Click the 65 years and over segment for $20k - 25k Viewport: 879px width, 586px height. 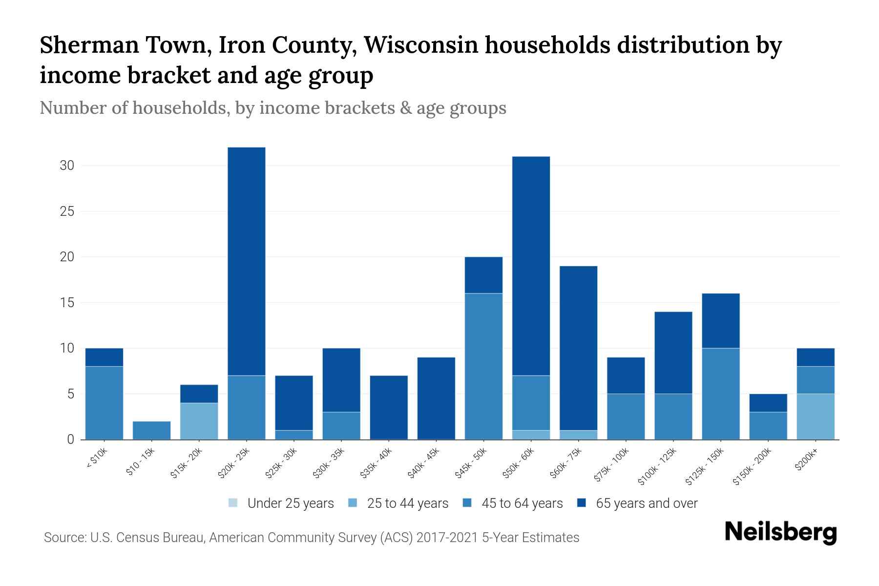247,261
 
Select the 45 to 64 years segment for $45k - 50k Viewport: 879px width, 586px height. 483,366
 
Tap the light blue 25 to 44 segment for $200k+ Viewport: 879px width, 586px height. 816,417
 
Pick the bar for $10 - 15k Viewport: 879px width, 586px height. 152,430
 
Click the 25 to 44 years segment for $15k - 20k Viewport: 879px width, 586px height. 199,421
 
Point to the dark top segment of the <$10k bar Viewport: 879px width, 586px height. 104,357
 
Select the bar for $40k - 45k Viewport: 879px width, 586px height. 436,398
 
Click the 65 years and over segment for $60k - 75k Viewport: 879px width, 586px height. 578,348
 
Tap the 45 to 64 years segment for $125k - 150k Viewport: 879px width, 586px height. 721,394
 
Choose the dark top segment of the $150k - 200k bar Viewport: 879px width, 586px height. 768,403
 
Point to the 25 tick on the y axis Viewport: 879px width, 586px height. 67,211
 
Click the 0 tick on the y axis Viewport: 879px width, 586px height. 70,439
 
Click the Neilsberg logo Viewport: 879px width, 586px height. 780,533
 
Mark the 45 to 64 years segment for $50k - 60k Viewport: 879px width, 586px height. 531,403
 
